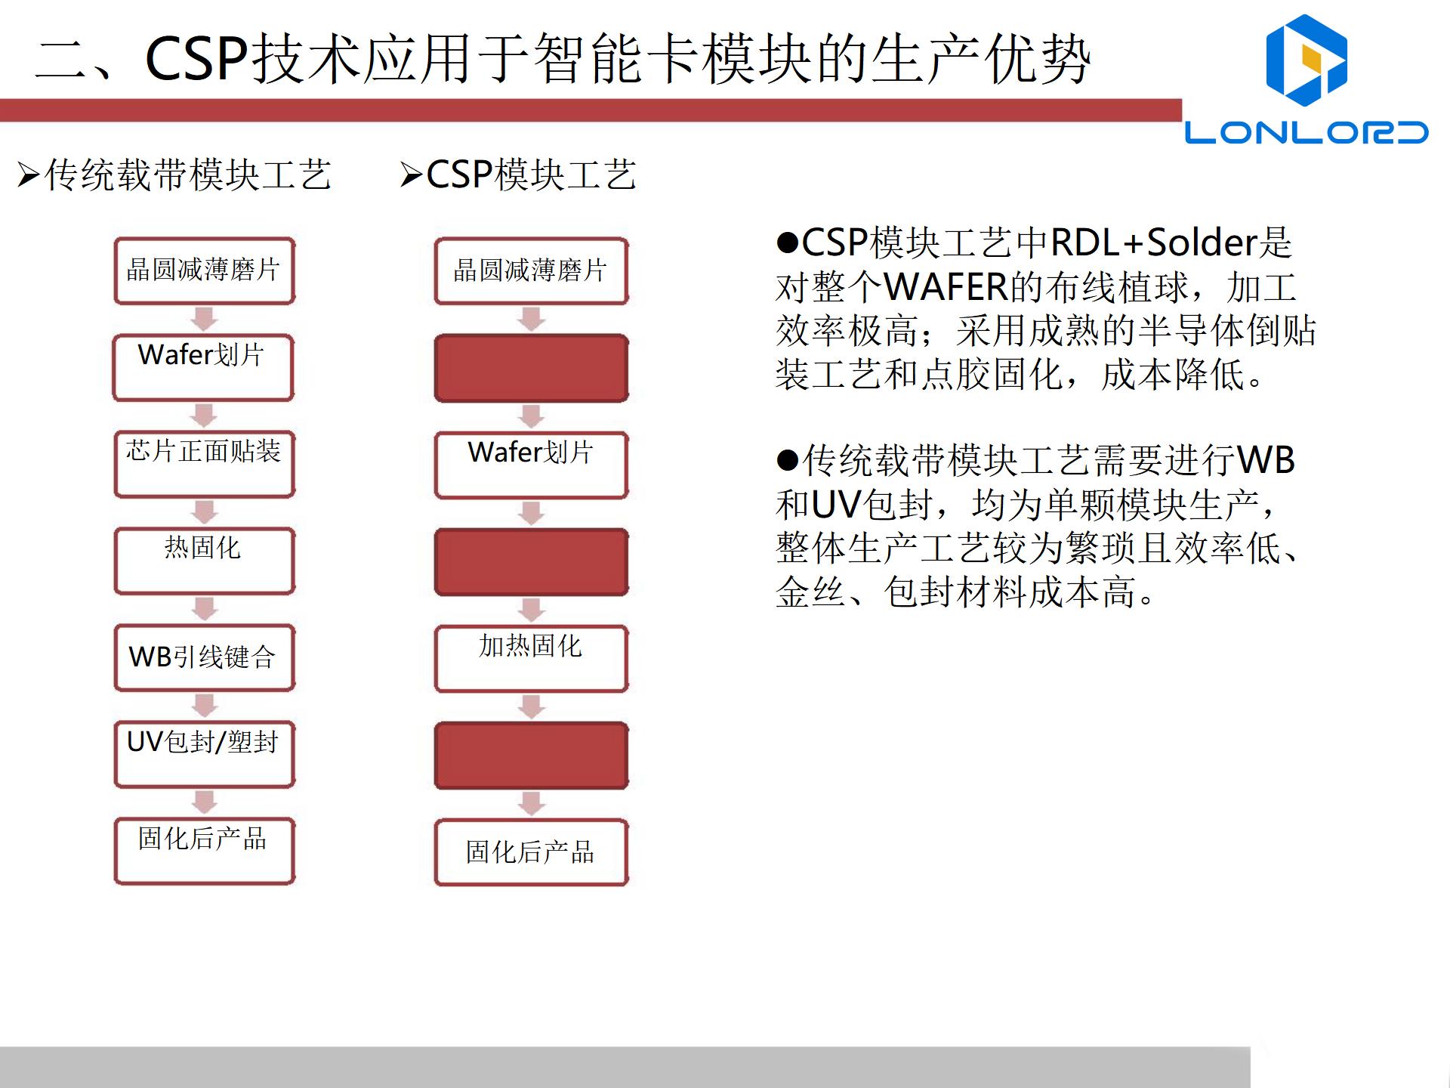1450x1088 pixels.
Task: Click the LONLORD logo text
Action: click(x=1306, y=132)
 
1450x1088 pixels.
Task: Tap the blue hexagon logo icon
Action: click(x=1306, y=60)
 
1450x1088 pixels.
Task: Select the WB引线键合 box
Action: click(x=204, y=657)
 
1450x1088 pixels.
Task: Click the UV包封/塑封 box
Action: click(x=204, y=754)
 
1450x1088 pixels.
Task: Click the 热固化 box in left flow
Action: click(x=204, y=561)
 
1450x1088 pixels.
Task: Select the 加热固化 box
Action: click(x=531, y=658)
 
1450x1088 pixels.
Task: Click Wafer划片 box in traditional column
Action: click(x=202, y=367)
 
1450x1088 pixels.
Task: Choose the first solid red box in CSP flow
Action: click(x=531, y=368)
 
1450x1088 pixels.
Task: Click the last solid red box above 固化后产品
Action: click(x=531, y=755)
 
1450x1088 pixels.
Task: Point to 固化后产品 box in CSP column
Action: click(x=531, y=852)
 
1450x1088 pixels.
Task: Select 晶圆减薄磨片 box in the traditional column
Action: click(x=204, y=270)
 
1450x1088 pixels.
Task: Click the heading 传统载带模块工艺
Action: click(x=187, y=175)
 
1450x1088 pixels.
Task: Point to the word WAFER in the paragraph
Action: click(x=946, y=287)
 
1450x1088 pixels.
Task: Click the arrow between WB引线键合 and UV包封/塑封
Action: click(x=205, y=706)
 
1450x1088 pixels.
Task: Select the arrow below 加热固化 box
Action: click(x=532, y=706)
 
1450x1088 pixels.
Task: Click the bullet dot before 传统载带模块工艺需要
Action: click(x=787, y=461)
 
